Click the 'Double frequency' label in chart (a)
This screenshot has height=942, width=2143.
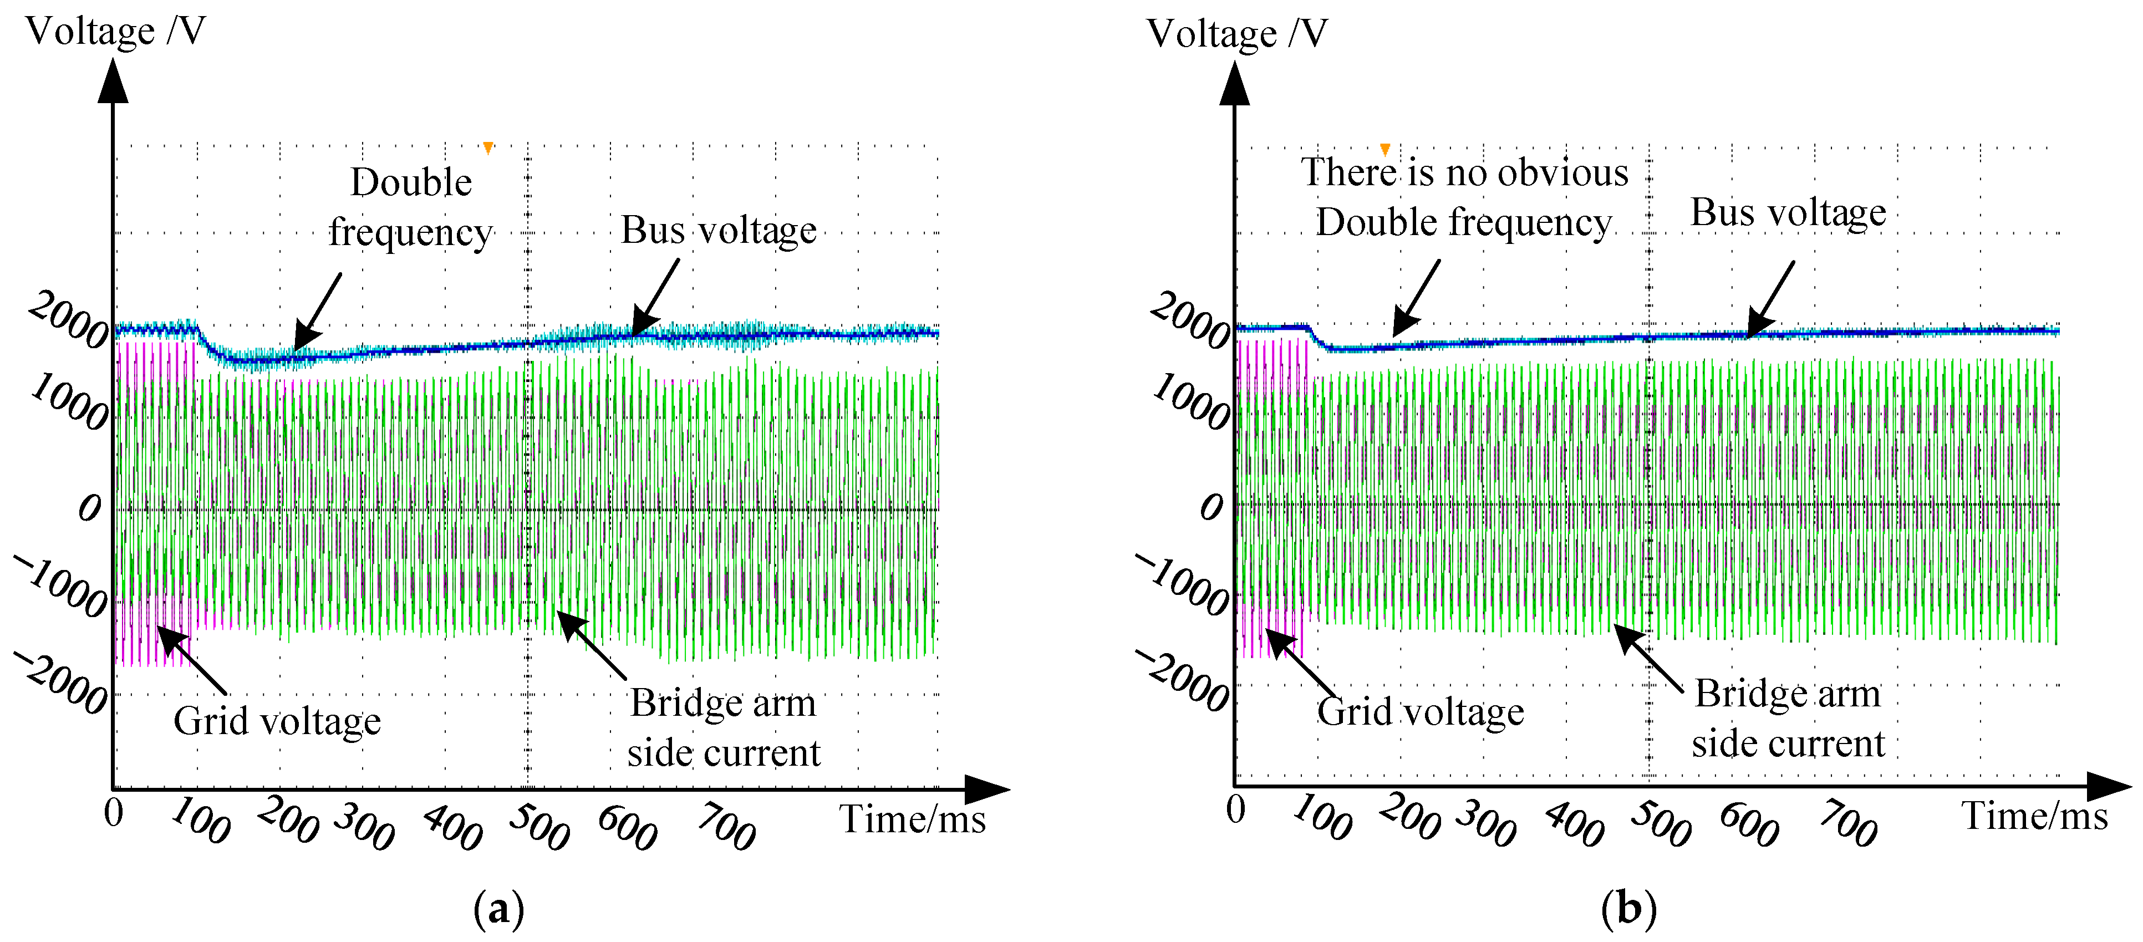pyautogui.click(x=411, y=206)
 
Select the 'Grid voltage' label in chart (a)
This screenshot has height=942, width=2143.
pyautogui.click(x=277, y=721)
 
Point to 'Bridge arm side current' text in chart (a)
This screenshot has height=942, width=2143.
pyautogui.click(x=724, y=727)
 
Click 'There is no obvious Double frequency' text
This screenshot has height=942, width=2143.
pyautogui.click(x=1464, y=197)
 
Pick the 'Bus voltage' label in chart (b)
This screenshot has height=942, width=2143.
pyautogui.click(x=1788, y=212)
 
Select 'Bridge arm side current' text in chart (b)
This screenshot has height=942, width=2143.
pyautogui.click(x=1788, y=717)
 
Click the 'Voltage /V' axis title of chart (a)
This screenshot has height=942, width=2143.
pyautogui.click(x=116, y=31)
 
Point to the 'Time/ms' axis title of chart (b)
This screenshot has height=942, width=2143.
pyautogui.click(x=2035, y=816)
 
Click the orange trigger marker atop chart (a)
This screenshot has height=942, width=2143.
pyautogui.click(x=488, y=148)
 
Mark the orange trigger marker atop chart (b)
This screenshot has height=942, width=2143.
pyautogui.click(x=1385, y=150)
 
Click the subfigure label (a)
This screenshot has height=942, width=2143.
pyautogui.click(x=499, y=909)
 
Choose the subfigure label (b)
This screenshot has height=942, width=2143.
pyautogui.click(x=1628, y=909)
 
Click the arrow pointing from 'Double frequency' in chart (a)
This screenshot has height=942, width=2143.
pyautogui.click(x=317, y=312)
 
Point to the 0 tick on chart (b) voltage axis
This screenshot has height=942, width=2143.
pyautogui.click(x=1212, y=506)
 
